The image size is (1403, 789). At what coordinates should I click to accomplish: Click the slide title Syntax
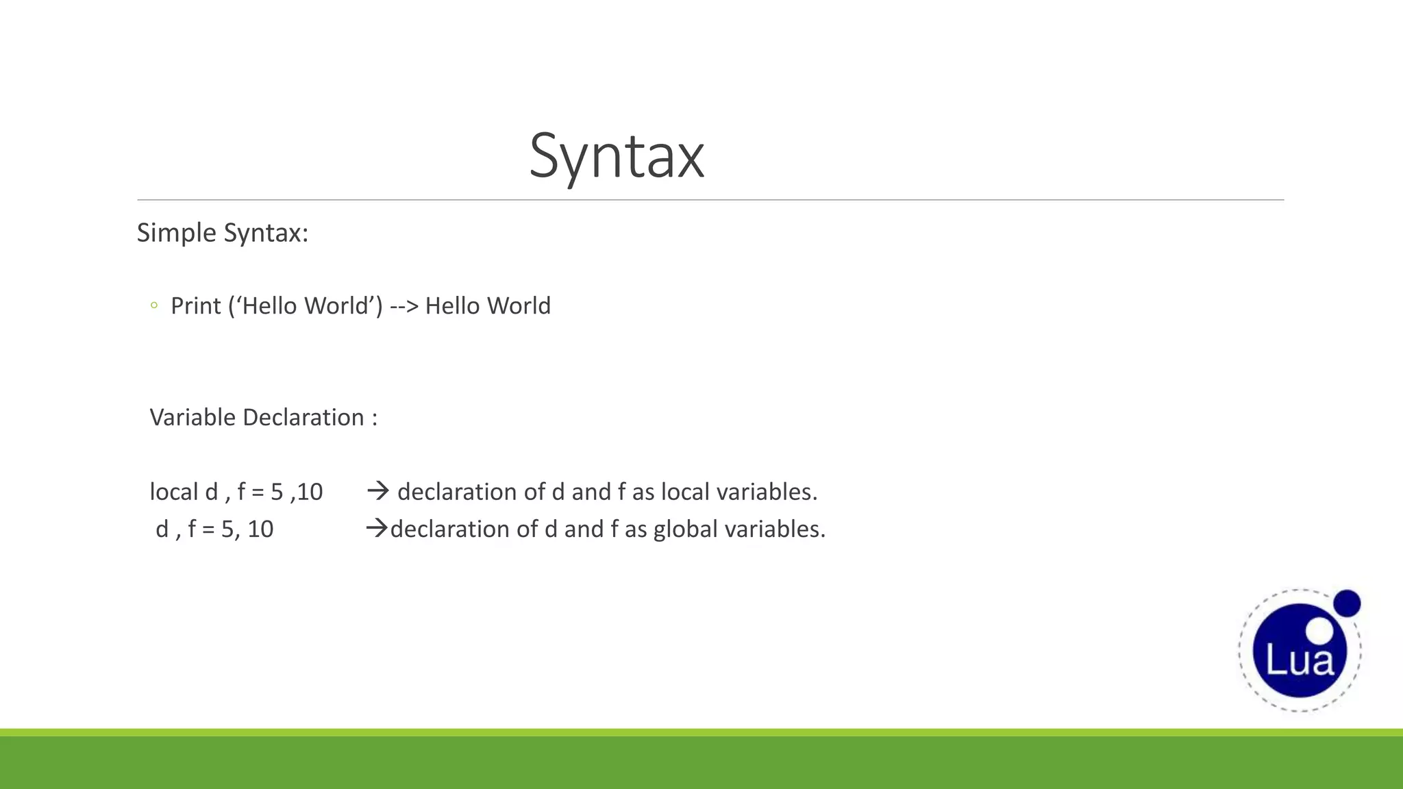617,156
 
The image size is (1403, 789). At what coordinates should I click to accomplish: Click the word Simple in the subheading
177,233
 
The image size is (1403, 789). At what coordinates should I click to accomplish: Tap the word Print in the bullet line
195,305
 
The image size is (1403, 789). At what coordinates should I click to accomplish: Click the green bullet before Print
154,305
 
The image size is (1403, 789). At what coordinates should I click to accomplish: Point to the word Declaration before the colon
303,417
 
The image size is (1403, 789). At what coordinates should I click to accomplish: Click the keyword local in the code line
174,492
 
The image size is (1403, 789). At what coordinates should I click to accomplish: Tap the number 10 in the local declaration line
310,492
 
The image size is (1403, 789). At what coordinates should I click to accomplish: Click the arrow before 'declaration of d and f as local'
378,490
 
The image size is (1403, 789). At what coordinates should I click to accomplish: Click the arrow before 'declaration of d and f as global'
377,528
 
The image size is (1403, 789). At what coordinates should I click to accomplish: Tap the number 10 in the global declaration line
260,529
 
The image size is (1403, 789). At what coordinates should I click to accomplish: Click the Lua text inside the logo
1300,660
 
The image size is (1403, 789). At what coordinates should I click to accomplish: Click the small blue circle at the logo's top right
1347,603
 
